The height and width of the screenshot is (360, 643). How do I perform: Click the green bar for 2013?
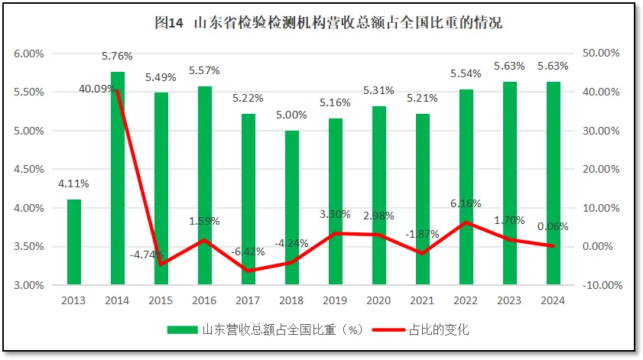(74, 242)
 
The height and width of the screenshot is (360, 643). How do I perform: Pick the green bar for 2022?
(466, 187)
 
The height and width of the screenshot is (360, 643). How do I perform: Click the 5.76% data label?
(118, 56)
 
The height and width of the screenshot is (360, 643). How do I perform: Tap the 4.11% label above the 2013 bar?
(74, 183)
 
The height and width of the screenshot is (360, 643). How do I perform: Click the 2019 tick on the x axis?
(336, 300)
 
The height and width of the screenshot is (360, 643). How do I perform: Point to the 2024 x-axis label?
(553, 300)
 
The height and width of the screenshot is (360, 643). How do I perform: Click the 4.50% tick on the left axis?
(28, 170)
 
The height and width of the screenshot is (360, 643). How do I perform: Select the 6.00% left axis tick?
(28, 54)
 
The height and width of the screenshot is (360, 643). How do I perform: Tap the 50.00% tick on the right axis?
(602, 54)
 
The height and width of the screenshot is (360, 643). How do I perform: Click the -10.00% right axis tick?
(600, 285)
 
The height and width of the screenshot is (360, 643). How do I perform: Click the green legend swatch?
(183, 330)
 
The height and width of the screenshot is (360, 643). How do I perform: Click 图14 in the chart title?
(169, 23)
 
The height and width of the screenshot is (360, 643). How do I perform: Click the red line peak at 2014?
(118, 91)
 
